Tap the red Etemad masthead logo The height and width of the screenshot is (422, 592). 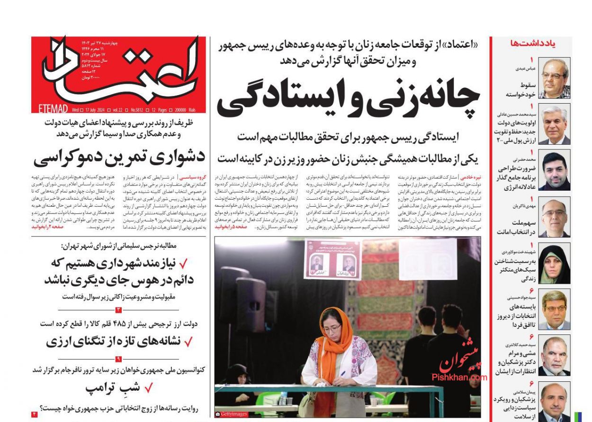coord(118,71)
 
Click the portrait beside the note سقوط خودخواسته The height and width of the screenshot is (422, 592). coord(554,78)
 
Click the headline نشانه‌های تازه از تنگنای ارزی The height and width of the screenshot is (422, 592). coord(114,341)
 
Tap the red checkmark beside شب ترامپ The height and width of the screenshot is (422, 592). coord(148,388)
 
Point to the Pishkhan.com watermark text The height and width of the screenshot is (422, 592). coord(458,377)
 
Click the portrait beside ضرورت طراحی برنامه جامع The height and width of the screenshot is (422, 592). coord(554,171)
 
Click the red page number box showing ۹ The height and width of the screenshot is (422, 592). coord(118,359)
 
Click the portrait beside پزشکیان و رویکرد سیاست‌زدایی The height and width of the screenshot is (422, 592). coord(554,402)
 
